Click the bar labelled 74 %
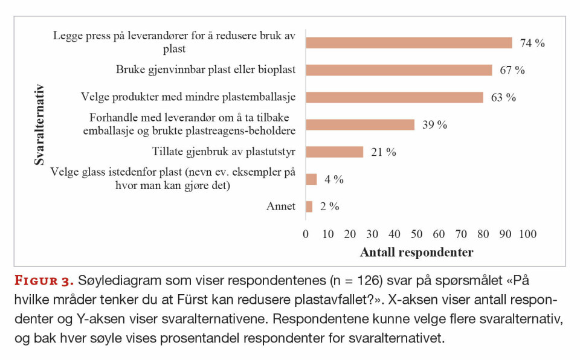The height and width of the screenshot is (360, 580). (408, 43)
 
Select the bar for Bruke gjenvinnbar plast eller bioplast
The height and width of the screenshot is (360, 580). (399, 70)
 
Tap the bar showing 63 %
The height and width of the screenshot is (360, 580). (394, 97)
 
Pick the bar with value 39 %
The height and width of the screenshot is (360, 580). (360, 124)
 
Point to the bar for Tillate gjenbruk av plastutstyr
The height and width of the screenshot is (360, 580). (334, 152)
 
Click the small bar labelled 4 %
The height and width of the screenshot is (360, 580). (311, 179)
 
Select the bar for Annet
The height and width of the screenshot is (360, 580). (309, 207)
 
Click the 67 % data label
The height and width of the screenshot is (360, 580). (512, 70)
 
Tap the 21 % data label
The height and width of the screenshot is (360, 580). (383, 152)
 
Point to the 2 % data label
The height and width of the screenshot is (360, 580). (329, 207)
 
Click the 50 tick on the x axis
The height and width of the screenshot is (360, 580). (417, 234)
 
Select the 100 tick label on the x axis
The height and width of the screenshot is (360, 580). (527, 234)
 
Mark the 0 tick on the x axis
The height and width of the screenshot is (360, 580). (306, 234)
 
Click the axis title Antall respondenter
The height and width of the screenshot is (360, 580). (416, 252)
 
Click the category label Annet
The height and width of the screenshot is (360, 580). (281, 207)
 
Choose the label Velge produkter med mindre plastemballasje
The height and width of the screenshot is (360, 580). (188, 97)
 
